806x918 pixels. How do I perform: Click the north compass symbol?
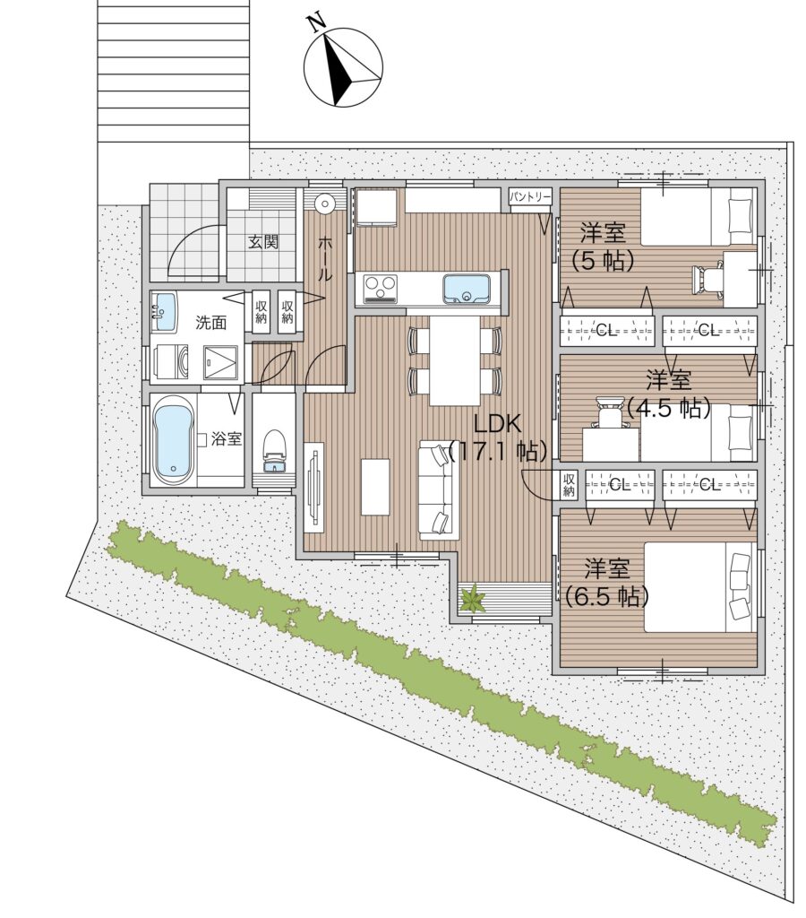pyautogui.click(x=343, y=67)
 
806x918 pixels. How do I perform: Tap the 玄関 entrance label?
pyautogui.click(x=263, y=242)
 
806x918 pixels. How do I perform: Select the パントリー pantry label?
pyautogui.click(x=530, y=196)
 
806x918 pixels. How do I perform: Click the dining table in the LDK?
pyautogui.click(x=454, y=360)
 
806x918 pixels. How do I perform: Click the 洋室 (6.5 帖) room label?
pyautogui.click(x=607, y=583)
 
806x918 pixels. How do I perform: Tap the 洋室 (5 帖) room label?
pyautogui.click(x=603, y=247)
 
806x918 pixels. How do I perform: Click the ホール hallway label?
pyautogui.click(x=324, y=259)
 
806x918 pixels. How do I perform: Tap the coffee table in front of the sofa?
pyautogui.click(x=375, y=487)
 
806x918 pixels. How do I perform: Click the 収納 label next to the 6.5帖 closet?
pyautogui.click(x=569, y=485)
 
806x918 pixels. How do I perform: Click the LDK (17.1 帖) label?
pyautogui.click(x=498, y=437)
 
